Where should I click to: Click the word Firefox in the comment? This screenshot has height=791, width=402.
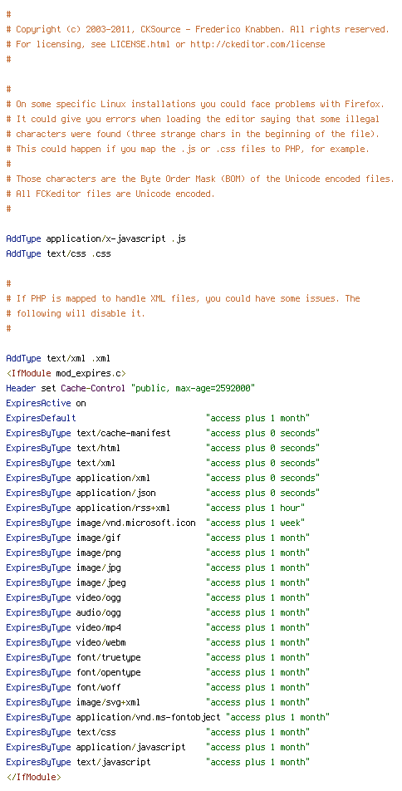[364, 105]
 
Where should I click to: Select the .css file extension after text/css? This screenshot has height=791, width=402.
[100, 253]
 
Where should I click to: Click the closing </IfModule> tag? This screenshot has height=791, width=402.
[33, 777]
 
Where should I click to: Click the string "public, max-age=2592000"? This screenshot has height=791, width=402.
[194, 389]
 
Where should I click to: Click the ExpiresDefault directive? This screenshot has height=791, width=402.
[41, 418]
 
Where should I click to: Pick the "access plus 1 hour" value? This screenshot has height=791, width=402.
[255, 508]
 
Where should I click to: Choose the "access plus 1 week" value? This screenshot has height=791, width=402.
[255, 523]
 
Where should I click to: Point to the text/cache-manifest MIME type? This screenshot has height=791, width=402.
[124, 434]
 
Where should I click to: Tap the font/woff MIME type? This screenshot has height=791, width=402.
[98, 687]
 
